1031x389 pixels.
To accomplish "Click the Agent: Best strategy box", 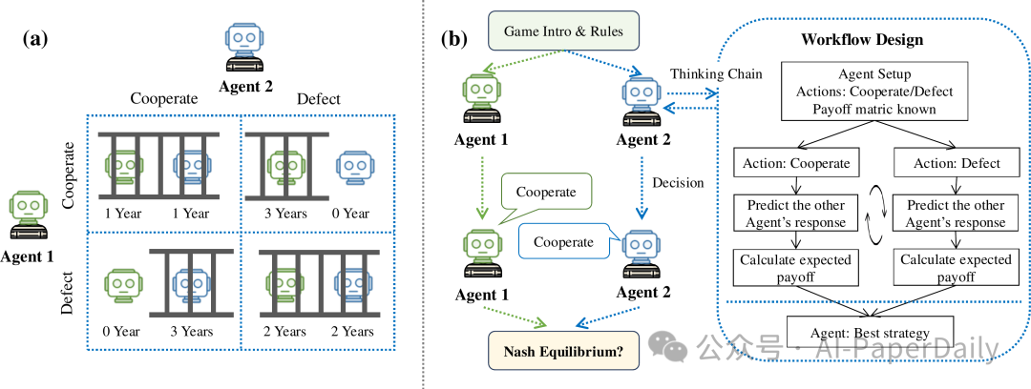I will tap(870, 334).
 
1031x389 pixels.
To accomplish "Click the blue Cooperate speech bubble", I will tap(560, 242).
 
